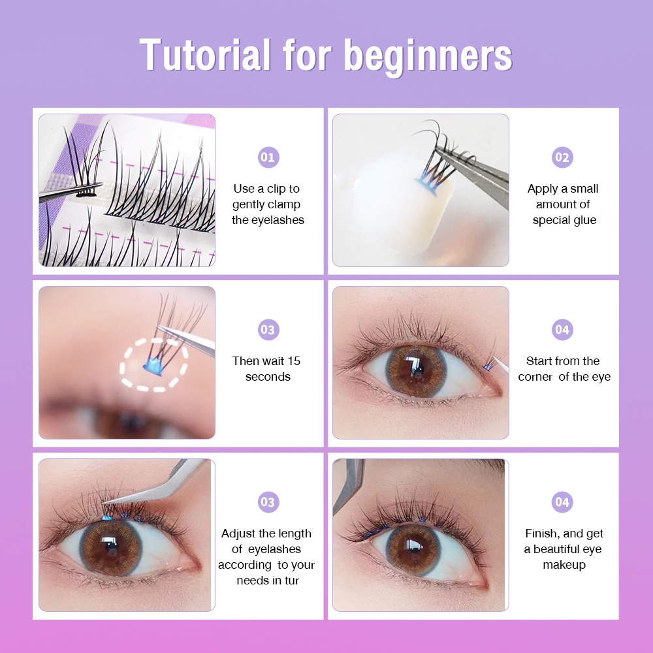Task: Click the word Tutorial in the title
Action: (205, 55)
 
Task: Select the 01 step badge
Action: (268, 157)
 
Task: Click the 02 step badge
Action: (562, 157)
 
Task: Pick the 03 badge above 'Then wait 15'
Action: (268, 330)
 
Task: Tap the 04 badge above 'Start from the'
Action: (562, 330)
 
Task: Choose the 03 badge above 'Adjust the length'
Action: (268, 502)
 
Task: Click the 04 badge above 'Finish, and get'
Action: (562, 502)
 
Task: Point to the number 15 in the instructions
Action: (294, 361)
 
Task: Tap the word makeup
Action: (564, 565)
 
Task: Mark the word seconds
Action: (268, 377)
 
